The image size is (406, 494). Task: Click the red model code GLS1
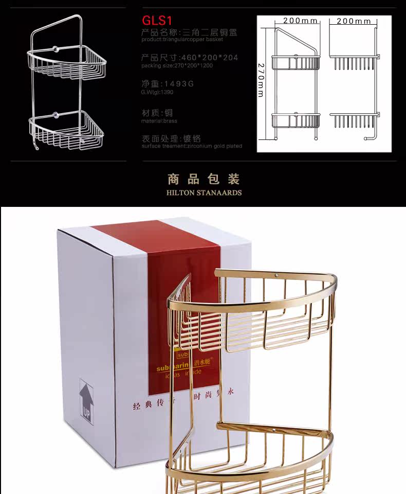coord(156,21)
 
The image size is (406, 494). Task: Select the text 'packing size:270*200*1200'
coord(177,66)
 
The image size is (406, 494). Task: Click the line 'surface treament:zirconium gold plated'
coord(192,146)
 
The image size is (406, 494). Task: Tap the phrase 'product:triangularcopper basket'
coord(182,39)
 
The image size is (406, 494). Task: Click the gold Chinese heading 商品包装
coord(204,180)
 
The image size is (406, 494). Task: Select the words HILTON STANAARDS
coord(204,193)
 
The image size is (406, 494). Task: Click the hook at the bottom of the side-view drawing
coord(367,137)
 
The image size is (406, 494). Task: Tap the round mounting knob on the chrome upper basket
coord(54,50)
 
